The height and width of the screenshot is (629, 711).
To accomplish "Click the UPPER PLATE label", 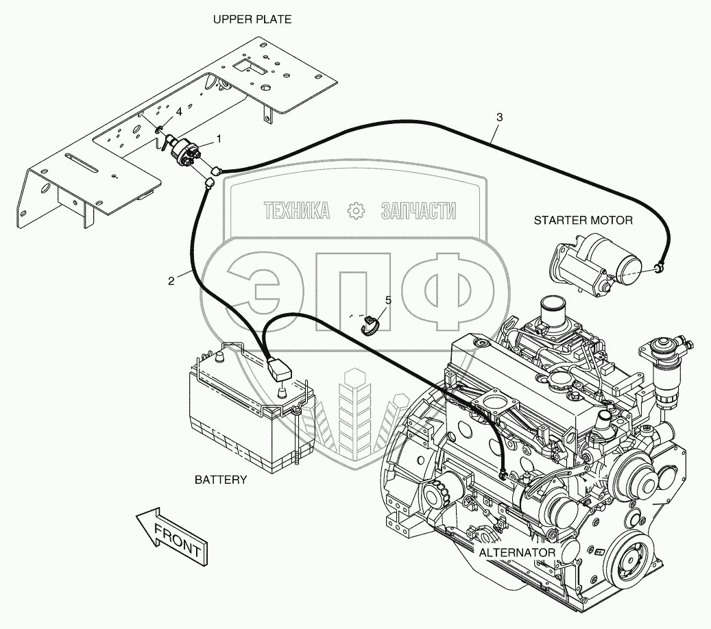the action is click(x=252, y=19).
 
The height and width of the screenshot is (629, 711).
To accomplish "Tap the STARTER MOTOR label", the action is click(x=583, y=220).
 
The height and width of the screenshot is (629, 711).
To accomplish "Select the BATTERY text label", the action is click(x=221, y=480).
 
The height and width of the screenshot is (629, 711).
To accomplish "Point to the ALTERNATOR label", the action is click(x=517, y=552).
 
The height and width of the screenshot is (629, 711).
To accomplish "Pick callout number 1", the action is click(x=219, y=138).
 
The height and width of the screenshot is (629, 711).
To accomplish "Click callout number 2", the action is click(x=171, y=281).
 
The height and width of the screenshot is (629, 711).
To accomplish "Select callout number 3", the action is click(x=499, y=117).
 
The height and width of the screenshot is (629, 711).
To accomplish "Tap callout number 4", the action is click(x=179, y=112).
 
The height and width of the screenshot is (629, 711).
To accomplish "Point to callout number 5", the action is click(x=388, y=300).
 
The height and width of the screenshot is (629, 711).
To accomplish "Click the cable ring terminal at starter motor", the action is click(x=658, y=269).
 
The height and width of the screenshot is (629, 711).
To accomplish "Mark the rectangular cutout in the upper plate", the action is click(x=249, y=66).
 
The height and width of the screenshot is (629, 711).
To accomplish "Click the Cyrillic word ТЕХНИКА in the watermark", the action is click(x=297, y=211).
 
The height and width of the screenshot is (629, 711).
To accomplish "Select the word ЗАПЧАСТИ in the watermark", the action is click(x=418, y=211).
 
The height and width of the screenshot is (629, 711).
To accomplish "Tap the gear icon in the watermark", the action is click(x=356, y=211).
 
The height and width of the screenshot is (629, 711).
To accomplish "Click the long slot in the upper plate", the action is click(x=81, y=163).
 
